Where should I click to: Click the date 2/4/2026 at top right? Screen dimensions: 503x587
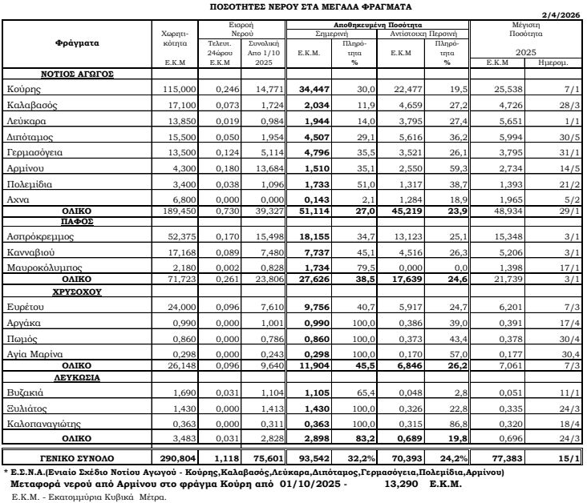click(x=563, y=14)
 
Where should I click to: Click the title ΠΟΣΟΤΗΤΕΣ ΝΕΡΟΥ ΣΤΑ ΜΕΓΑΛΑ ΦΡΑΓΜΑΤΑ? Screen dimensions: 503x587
click(x=293, y=5)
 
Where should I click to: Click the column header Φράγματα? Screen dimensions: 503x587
click(x=78, y=42)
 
